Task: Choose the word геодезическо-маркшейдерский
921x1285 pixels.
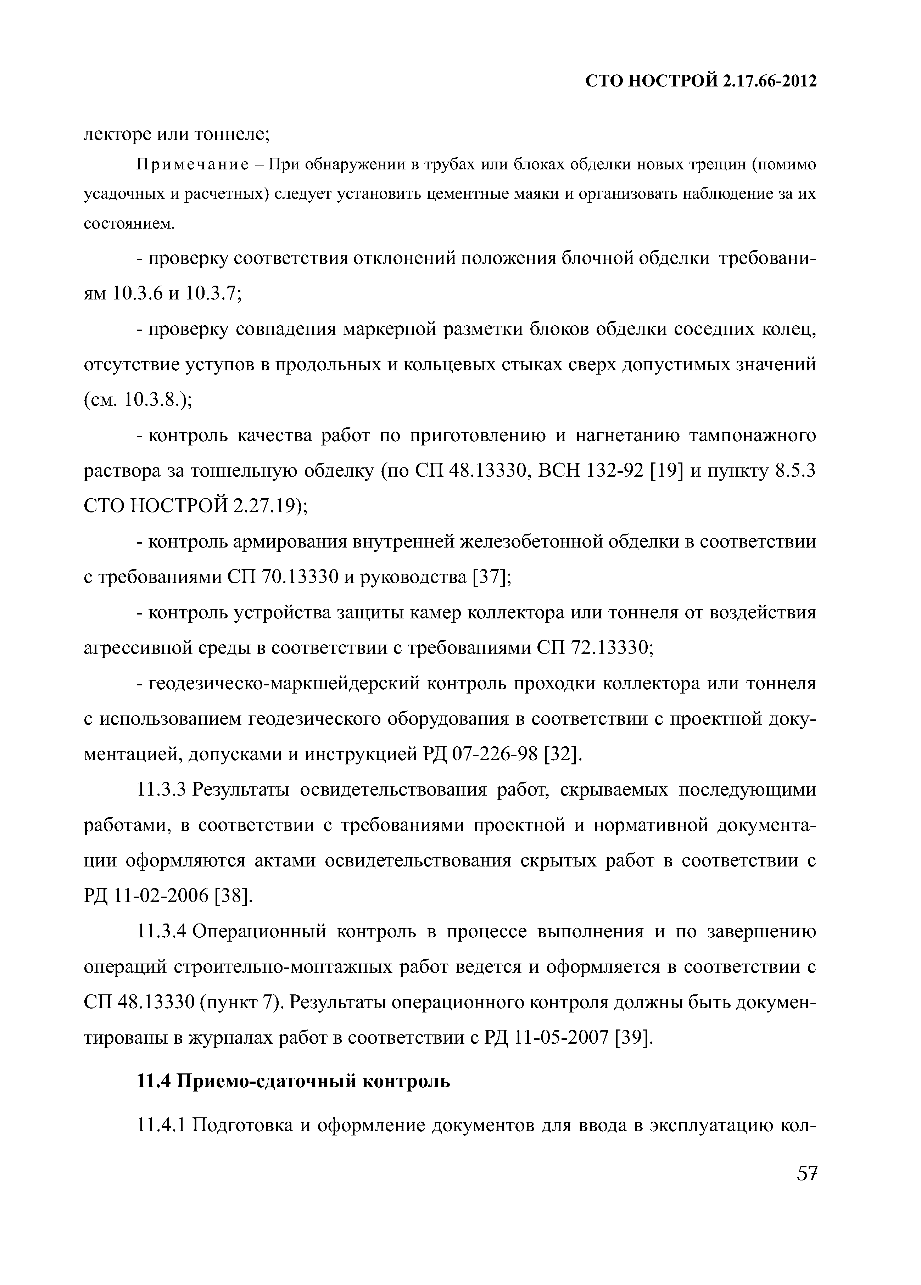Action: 283,684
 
